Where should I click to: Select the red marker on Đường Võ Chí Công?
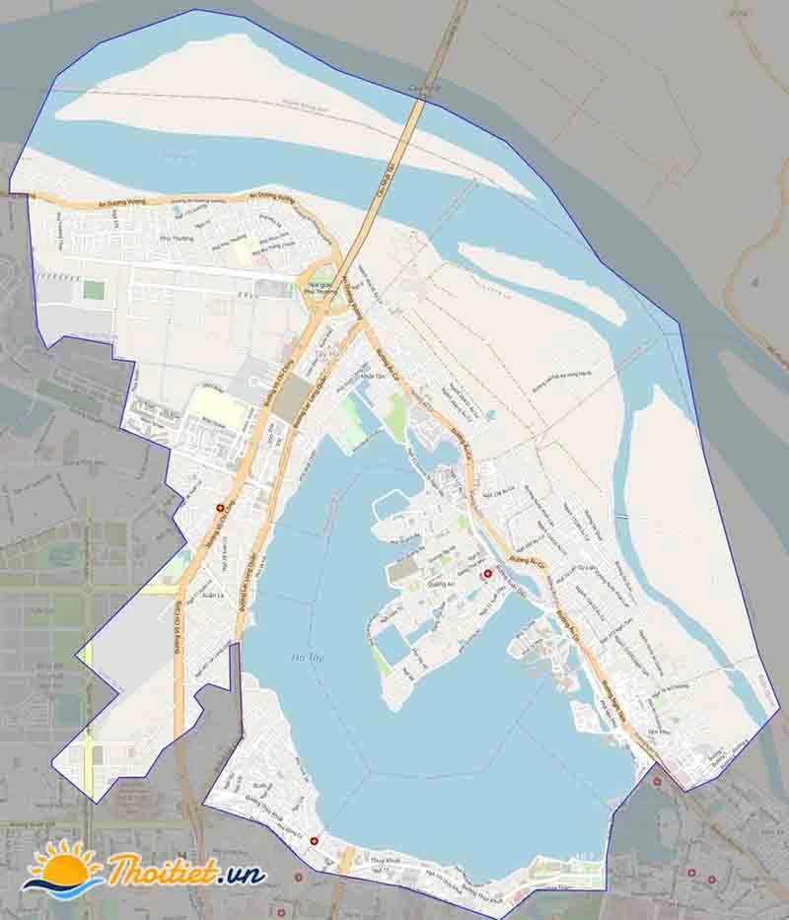point(219,508)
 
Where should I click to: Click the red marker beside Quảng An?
point(485,574)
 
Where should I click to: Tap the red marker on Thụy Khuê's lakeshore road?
point(314,841)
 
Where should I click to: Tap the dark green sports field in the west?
point(94,290)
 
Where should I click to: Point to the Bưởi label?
point(259,787)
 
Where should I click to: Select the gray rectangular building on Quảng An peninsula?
point(402,571)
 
